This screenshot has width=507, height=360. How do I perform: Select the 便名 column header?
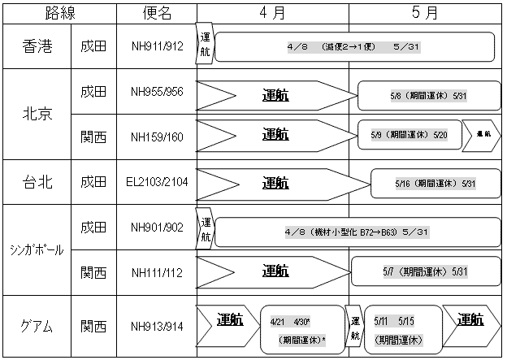[x=157, y=13]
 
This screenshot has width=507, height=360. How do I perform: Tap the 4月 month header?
[x=273, y=13]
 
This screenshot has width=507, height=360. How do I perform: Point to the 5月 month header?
[x=426, y=13]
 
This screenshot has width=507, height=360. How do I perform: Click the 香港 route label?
[x=37, y=46]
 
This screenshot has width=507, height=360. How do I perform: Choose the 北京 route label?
[x=37, y=114]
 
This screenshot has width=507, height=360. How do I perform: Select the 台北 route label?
[x=37, y=183]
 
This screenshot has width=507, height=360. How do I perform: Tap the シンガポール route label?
[x=37, y=249]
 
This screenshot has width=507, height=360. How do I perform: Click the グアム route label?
[x=37, y=327]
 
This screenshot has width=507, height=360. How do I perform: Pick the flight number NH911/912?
[x=157, y=47]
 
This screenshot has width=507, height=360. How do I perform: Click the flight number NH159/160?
[x=157, y=135]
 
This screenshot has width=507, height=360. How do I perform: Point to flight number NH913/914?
[x=157, y=327]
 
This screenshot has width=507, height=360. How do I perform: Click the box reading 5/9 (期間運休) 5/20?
[x=409, y=135]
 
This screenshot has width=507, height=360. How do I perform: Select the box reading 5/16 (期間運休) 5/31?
[x=433, y=184]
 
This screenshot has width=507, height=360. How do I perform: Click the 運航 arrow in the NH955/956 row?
[x=275, y=95]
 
